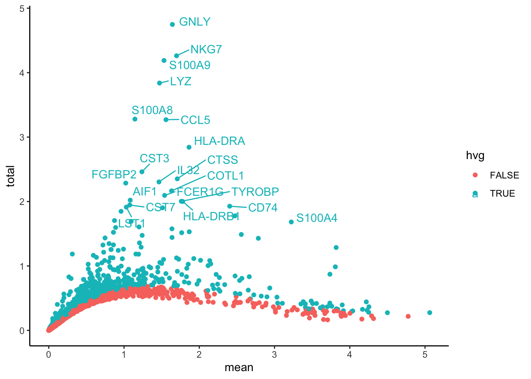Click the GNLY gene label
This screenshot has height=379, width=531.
pos(194,22)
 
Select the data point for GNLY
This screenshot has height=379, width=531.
pos(172,24)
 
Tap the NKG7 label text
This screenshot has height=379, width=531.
pos(206,49)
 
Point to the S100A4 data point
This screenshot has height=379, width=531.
pos(291,222)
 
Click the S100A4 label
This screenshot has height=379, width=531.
pos(316,218)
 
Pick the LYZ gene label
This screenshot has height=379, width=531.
pos(181,81)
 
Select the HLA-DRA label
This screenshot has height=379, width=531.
pos(219,141)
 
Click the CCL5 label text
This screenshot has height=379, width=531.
pos(195,120)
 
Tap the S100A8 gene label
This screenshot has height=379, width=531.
pos(152,110)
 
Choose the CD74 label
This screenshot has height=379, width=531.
pos(263,208)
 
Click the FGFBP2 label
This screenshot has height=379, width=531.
pos(114,174)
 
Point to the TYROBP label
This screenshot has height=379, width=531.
pos(255,192)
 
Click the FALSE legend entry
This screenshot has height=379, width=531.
pos(504,175)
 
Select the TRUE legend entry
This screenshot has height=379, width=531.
pos(502,193)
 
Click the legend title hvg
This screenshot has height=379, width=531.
pos(475,156)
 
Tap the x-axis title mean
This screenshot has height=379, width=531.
pos(239,368)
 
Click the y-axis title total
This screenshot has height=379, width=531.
pos(11,176)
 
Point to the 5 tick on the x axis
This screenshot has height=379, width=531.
pos(425,355)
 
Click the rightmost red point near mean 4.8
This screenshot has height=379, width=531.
pos(408,316)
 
